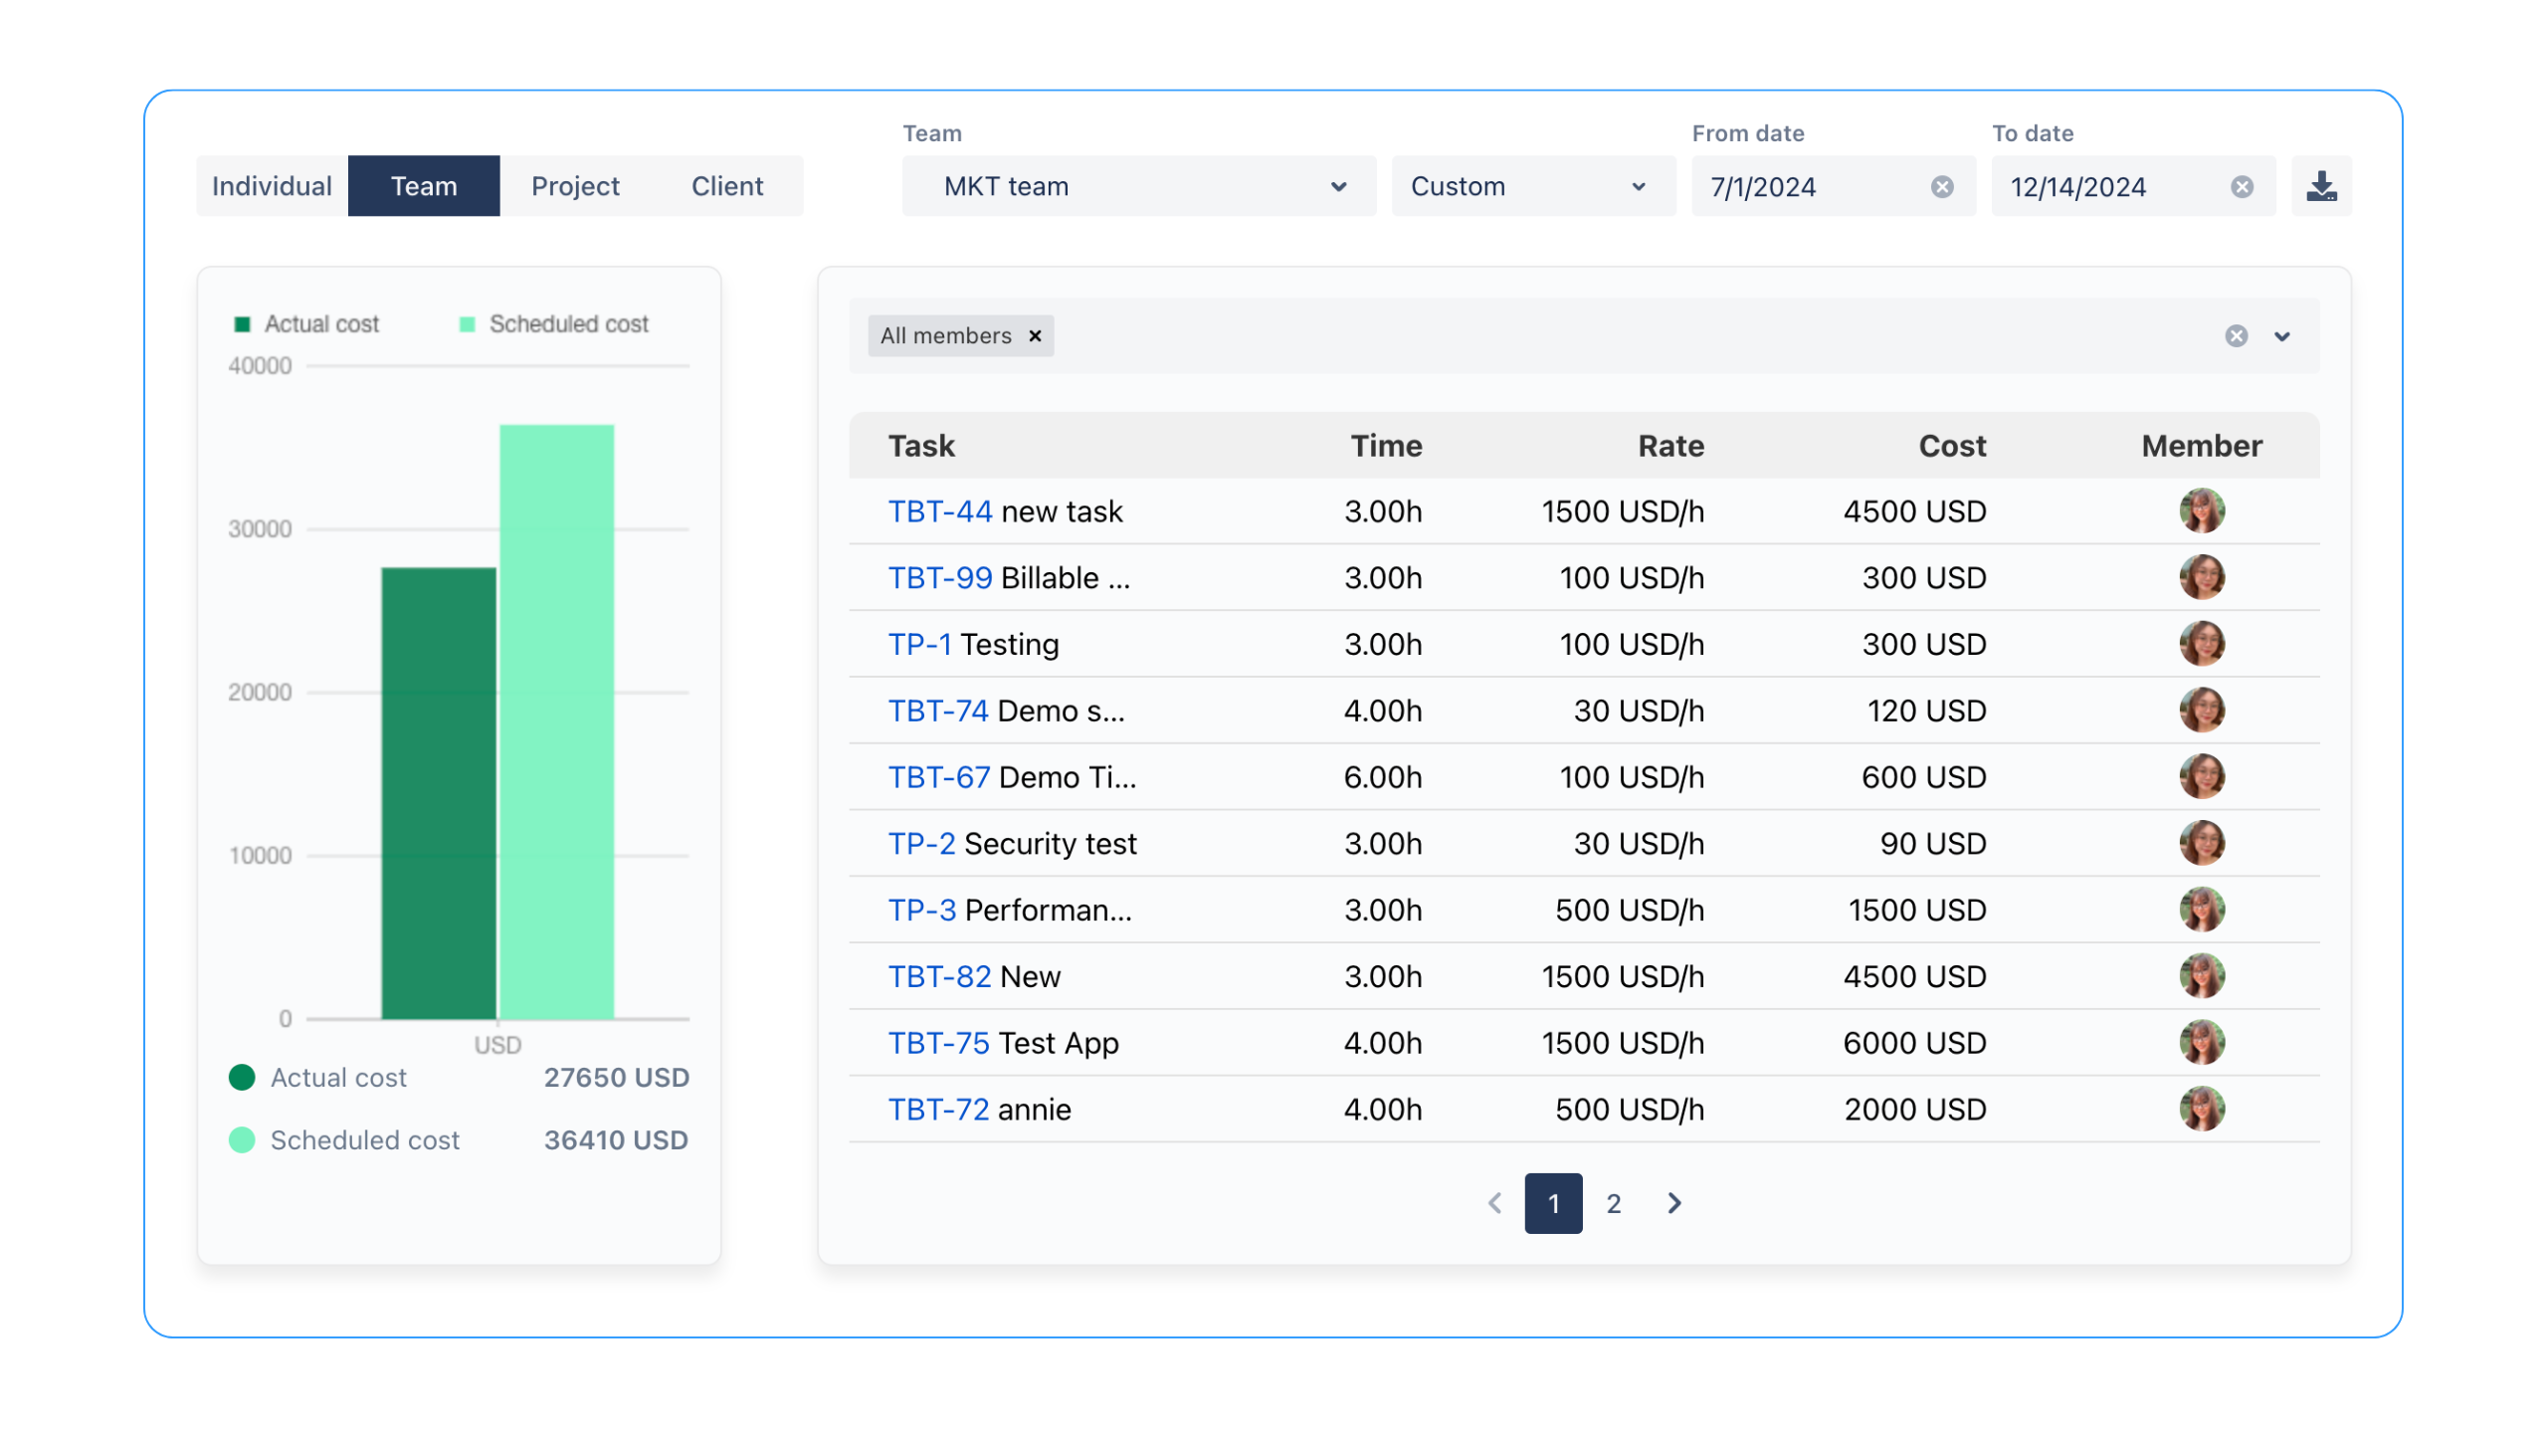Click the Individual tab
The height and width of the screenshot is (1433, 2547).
(272, 186)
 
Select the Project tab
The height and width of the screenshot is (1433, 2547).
(575, 186)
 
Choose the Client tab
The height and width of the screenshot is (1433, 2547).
(727, 186)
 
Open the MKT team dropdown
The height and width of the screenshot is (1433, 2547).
(1138, 186)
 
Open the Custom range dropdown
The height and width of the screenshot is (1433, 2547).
(1532, 186)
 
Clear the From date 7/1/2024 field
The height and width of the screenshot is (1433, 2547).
(1942, 187)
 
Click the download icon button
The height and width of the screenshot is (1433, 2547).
(2321, 186)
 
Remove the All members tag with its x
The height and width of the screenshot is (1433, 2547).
(1036, 336)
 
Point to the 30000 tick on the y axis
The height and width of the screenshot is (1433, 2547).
(260, 529)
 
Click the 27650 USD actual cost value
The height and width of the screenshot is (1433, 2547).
(616, 1078)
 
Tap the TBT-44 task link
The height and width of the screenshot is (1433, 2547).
(939, 512)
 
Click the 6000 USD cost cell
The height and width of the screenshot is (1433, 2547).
(1914, 1043)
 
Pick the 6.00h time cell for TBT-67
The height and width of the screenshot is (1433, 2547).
(1382, 777)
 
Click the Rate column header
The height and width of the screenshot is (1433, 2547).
(1670, 446)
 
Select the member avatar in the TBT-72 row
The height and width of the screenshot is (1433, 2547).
(2202, 1109)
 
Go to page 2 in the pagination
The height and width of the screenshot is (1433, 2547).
(1614, 1204)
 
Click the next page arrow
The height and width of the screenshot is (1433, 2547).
(1674, 1204)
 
